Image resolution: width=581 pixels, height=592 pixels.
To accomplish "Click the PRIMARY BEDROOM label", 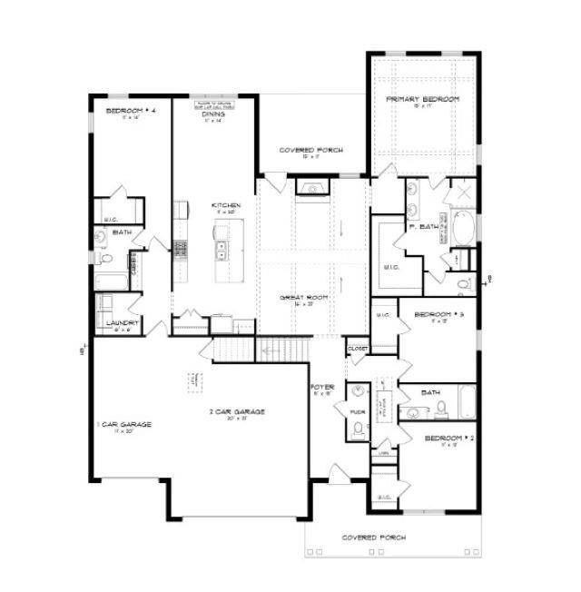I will pyautogui.click(x=422, y=98).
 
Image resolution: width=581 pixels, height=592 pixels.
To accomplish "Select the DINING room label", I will pyautogui.click(x=214, y=114).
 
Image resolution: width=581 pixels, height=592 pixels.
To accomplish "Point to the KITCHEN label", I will pyautogui.click(x=226, y=206).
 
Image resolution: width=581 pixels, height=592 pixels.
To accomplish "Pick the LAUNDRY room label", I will pyautogui.click(x=122, y=322).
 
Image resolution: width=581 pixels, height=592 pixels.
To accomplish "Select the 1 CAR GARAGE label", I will pyautogui.click(x=124, y=424).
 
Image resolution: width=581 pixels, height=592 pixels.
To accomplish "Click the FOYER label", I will pyautogui.click(x=324, y=388).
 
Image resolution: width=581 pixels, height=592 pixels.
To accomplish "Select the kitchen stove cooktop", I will pyautogui.click(x=181, y=250).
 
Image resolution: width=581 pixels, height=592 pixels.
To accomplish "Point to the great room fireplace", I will pyautogui.click(x=314, y=189).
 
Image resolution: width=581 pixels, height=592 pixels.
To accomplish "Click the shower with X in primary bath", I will pyautogui.click(x=459, y=193).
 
